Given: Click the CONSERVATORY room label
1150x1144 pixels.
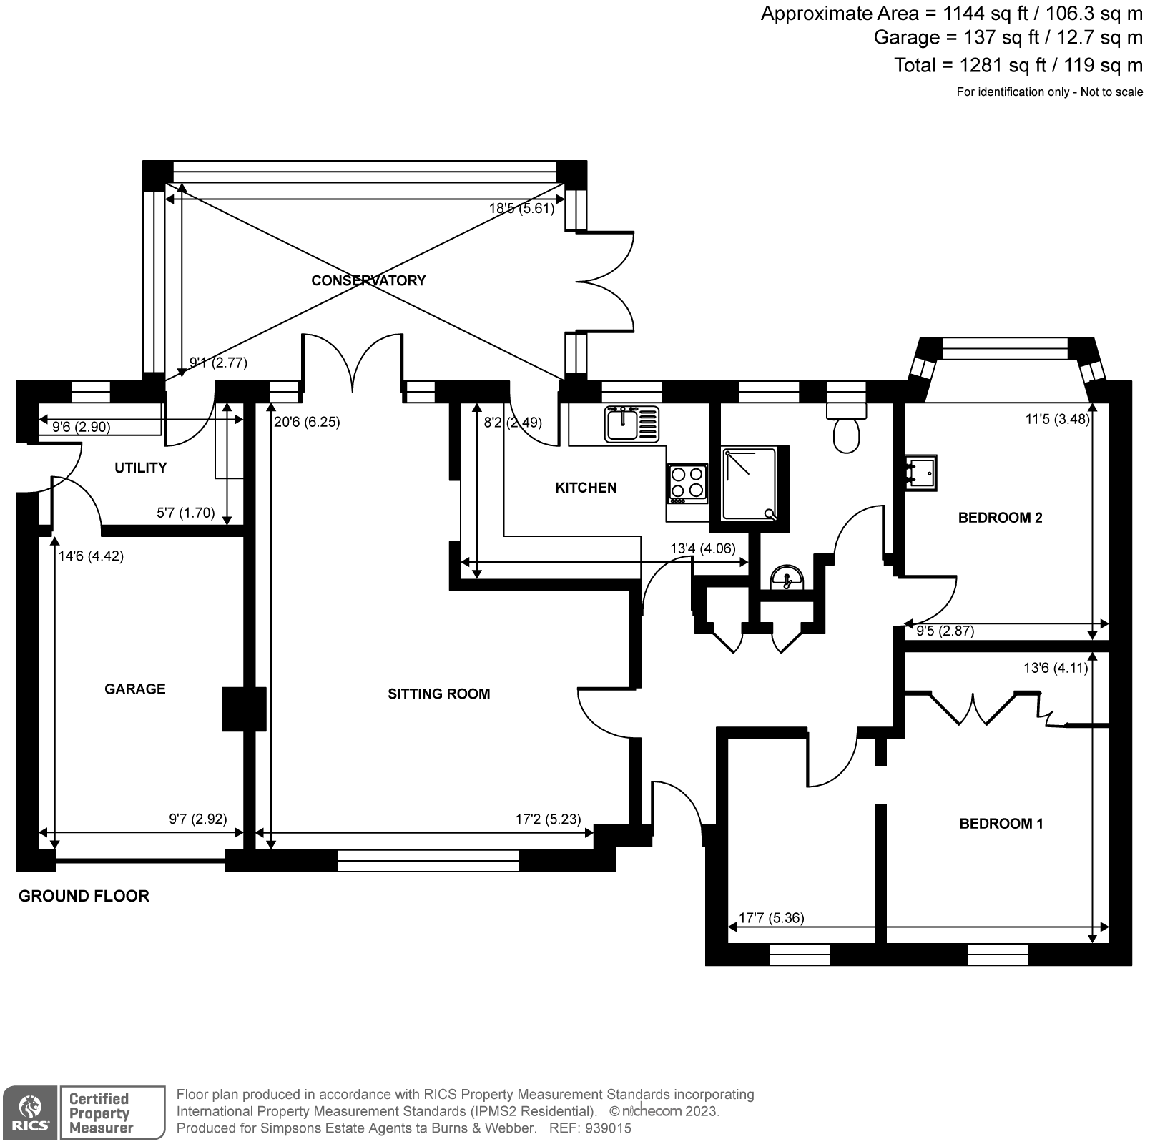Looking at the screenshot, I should pyautogui.click(x=368, y=280).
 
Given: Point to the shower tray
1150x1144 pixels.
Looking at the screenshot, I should pyautogui.click(x=749, y=484).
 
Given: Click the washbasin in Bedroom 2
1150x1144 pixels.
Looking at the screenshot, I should pyautogui.click(x=920, y=473).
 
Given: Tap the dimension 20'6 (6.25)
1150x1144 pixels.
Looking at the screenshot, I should pyautogui.click(x=307, y=422).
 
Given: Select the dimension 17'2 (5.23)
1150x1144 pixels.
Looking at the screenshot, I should pyautogui.click(x=548, y=819).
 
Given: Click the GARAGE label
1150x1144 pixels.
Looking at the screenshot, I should pyautogui.click(x=134, y=689).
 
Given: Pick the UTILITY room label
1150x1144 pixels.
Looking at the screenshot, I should pyautogui.click(x=140, y=468).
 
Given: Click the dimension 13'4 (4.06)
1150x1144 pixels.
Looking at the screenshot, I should pyautogui.click(x=702, y=549).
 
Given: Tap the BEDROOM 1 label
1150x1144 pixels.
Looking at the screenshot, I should pyautogui.click(x=1001, y=824).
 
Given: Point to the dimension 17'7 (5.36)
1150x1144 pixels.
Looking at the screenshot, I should pyautogui.click(x=771, y=917).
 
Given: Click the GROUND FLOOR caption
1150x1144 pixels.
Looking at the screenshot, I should pyautogui.click(x=84, y=896).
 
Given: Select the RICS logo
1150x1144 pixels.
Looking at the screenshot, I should pyautogui.click(x=29, y=1113).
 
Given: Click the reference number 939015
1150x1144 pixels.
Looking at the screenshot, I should pyautogui.click(x=608, y=1128).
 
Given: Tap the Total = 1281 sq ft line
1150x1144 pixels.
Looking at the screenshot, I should pyautogui.click(x=1018, y=65).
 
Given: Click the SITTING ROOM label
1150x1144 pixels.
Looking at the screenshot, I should pyautogui.click(x=438, y=694).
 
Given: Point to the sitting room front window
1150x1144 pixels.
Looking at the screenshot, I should pyautogui.click(x=428, y=860).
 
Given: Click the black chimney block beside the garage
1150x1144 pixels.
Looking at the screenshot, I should pyautogui.click(x=243, y=709).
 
